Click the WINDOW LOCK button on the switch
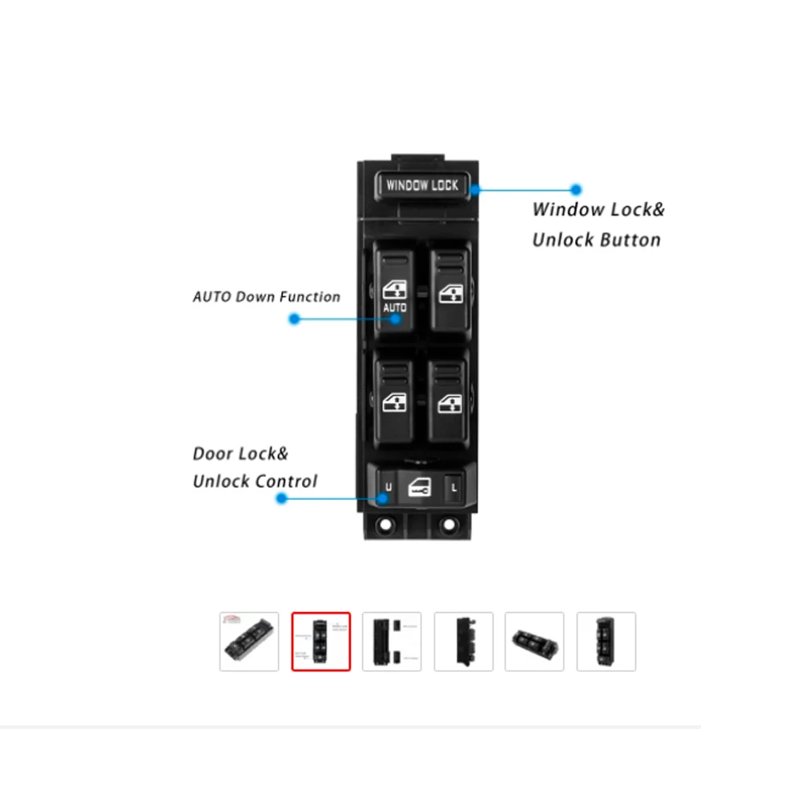[422, 185]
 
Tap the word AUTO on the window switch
[395, 308]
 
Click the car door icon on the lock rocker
[419, 487]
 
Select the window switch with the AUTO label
[394, 292]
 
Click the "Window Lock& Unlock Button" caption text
[598, 225]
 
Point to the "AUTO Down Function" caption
[267, 296]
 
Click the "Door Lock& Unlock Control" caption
[255, 468]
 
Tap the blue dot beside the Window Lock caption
[575, 190]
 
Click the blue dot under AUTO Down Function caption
[294, 319]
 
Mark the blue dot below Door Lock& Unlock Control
[281, 498]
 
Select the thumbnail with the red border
[321, 642]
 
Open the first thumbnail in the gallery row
[249, 642]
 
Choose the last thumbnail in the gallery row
[606, 642]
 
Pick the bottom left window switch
[394, 398]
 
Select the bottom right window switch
[448, 398]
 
